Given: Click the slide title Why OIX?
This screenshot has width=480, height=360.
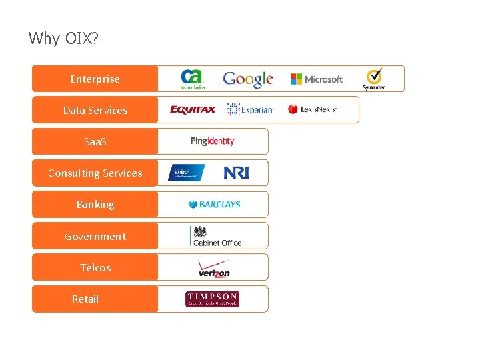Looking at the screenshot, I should pos(63,39).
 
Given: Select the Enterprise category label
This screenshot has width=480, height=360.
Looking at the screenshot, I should pos(95,79).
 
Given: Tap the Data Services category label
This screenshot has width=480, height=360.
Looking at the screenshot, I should pos(95,110).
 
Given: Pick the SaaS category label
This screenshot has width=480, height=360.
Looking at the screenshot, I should pos(95,141).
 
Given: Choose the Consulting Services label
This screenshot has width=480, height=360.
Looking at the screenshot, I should pos(95,173).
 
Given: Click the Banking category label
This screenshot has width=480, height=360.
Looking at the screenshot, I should pos(95,204).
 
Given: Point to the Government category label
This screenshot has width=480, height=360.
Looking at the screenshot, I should pos(95,236).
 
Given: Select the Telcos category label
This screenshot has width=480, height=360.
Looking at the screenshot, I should pos(95,267).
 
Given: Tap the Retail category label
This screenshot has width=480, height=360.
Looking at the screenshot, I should pos(85,299).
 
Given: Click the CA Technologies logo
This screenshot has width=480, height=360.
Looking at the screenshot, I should pos(193,79).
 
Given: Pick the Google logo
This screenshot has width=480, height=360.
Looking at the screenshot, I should pos(248,79).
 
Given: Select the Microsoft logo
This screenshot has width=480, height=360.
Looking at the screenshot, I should pos(317,79).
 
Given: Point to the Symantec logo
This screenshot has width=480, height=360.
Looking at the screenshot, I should pos(375,79).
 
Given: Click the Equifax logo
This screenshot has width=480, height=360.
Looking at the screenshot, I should pos(193,110).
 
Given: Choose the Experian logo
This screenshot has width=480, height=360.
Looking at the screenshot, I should pos(250,110).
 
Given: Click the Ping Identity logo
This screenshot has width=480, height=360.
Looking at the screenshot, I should pos(213,141).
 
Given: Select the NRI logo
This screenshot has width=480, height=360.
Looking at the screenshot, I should pos(236,173).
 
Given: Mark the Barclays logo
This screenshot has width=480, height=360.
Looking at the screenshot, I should pos(214,205).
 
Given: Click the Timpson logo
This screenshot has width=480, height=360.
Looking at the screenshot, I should pos(213,299).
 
